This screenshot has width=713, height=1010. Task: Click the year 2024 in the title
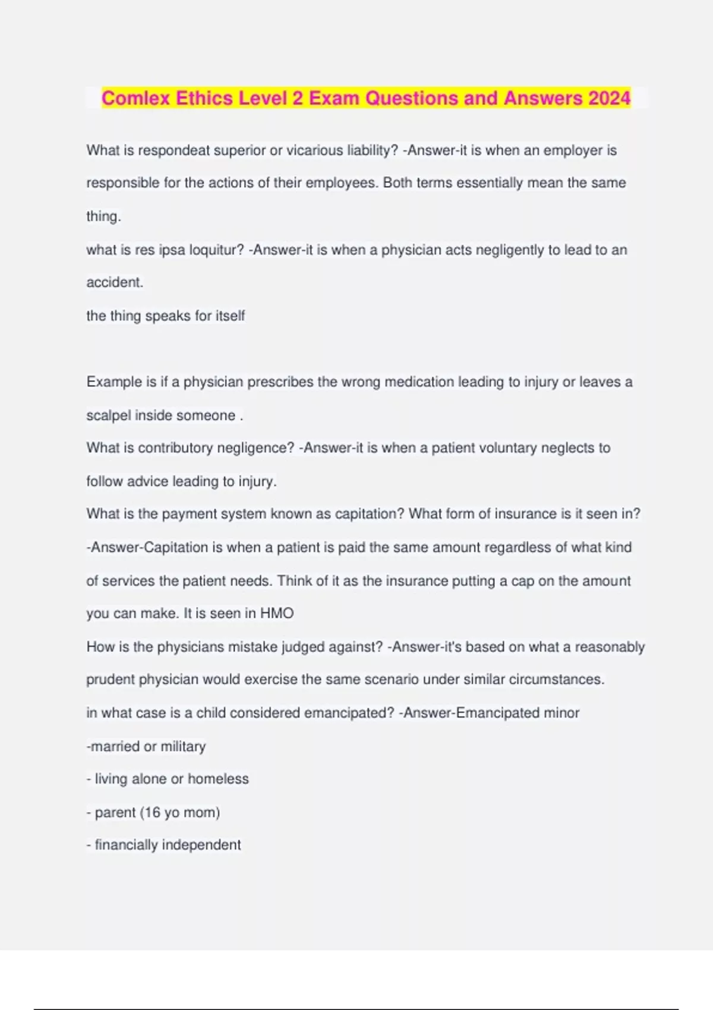(609, 98)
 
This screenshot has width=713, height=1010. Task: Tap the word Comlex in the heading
(136, 98)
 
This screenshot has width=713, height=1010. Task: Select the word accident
(115, 282)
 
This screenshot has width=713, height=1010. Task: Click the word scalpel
(109, 415)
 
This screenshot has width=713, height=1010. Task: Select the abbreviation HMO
(277, 613)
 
